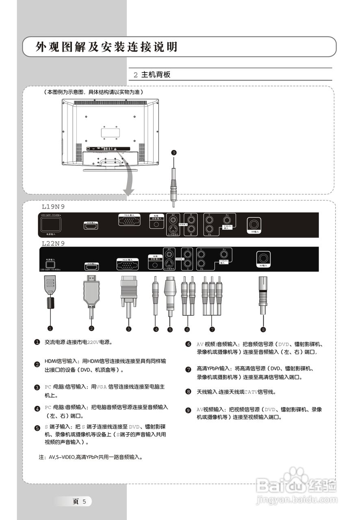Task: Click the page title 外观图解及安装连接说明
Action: pyautogui.click(x=106, y=47)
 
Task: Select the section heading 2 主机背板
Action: pyautogui.click(x=152, y=75)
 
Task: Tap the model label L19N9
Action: pyautogui.click(x=53, y=207)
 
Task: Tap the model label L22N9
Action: pyautogui.click(x=53, y=243)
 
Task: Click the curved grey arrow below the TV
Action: pyautogui.click(x=130, y=179)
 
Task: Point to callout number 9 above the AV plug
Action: pyautogui.click(x=174, y=153)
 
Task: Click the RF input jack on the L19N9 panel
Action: pyautogui.click(x=254, y=224)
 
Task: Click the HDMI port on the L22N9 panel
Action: pyautogui.click(x=91, y=267)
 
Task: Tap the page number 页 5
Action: pyautogui.click(x=79, y=501)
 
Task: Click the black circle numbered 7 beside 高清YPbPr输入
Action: pyautogui.click(x=188, y=369)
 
